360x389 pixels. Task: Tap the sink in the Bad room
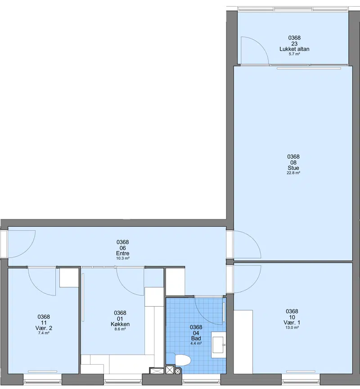tap(219, 344)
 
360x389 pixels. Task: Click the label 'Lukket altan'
tap(294, 49)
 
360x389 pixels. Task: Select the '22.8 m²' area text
tap(293, 173)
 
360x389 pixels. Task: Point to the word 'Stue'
tap(293, 168)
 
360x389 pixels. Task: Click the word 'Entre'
tap(123, 253)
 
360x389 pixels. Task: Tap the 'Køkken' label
tap(120, 324)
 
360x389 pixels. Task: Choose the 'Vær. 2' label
tap(44, 328)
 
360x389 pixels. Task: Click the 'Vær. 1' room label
tap(292, 322)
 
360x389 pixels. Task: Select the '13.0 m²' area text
tap(292, 327)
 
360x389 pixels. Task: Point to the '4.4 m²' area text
tap(196, 343)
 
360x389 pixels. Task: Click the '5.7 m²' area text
tap(294, 54)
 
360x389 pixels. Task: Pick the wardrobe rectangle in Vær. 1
tap(243, 342)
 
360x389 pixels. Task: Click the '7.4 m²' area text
tap(44, 333)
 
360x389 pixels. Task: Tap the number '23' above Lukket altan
tap(294, 44)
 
